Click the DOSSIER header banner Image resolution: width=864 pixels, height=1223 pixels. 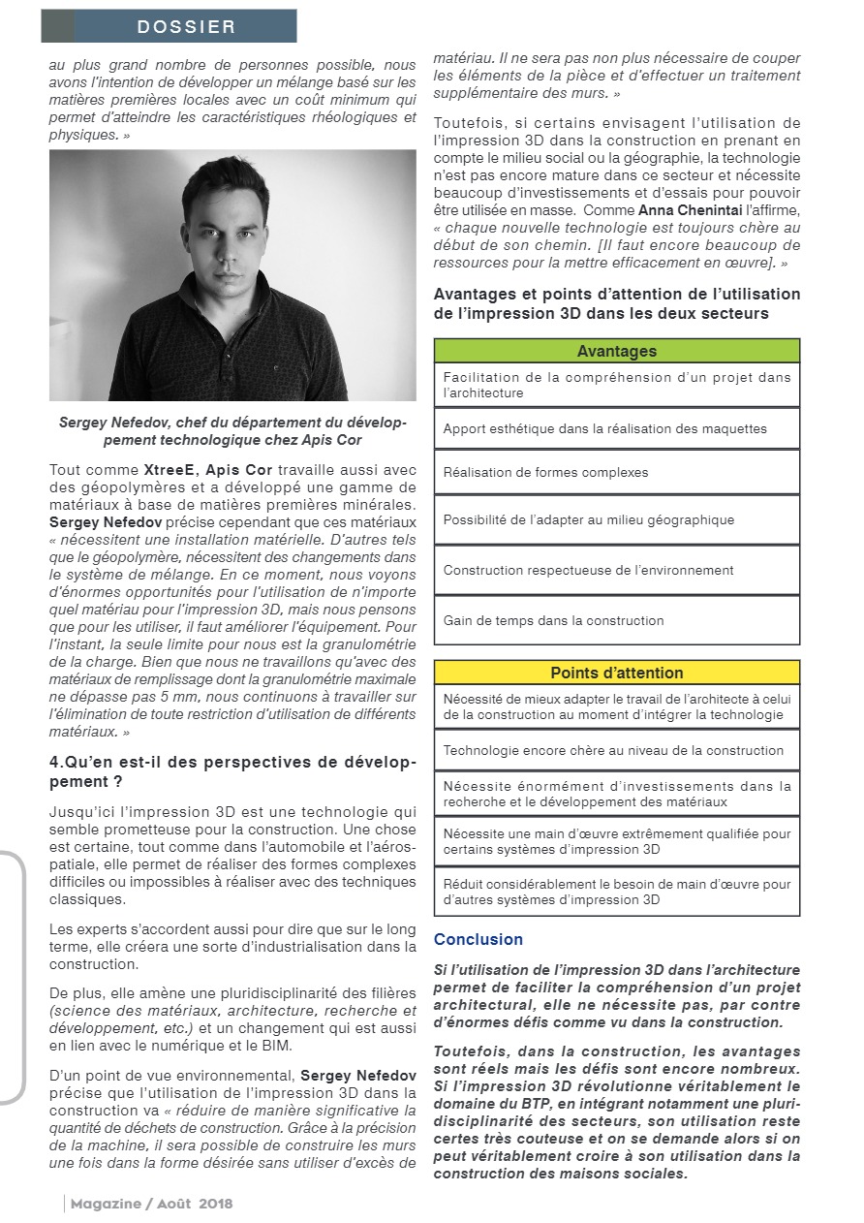point(169,26)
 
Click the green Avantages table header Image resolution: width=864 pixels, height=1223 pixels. point(617,351)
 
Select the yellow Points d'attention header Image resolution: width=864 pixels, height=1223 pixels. point(617,673)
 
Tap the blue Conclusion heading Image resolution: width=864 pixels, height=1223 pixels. point(478,939)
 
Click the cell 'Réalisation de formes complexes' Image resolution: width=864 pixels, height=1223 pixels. point(617,472)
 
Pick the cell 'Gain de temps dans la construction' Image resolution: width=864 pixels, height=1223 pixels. point(617,620)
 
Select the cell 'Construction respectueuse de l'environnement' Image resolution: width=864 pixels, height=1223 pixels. point(617,570)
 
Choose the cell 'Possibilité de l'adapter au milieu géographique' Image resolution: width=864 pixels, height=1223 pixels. point(617,519)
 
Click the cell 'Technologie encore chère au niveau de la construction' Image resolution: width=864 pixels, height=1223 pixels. point(617,750)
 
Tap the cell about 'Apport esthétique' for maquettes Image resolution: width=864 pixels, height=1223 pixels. point(617,428)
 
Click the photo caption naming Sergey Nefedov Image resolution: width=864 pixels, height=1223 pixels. point(232,431)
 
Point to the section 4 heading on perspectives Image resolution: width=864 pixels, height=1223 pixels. point(232,771)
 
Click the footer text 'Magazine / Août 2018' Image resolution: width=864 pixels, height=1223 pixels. point(151,1204)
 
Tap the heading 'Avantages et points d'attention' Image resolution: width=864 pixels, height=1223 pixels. point(617,303)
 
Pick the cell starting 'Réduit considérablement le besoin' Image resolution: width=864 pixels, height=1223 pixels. point(617,892)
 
